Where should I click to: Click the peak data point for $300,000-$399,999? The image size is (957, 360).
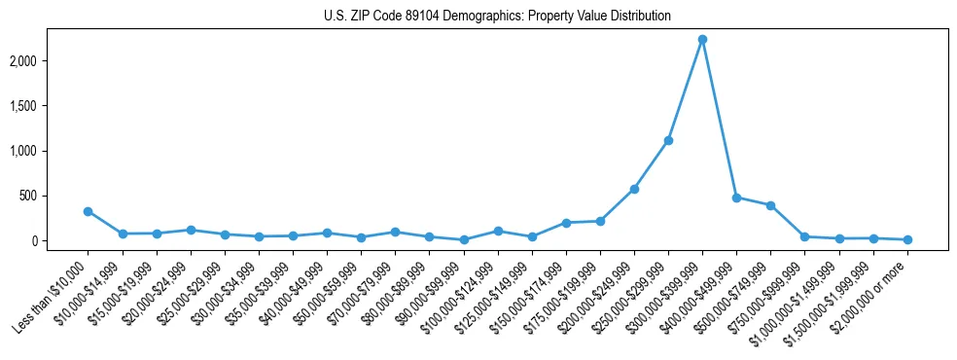tap(702, 40)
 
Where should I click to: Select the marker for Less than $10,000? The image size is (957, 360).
tap(89, 211)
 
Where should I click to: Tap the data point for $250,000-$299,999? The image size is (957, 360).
tap(668, 140)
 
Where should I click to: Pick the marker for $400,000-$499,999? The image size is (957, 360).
tap(736, 198)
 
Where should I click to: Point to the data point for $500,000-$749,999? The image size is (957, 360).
tap(770, 205)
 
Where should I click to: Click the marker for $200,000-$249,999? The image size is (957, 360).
tap(634, 189)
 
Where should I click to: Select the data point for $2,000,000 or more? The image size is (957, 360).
tap(907, 239)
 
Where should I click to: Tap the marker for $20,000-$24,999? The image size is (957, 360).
tap(191, 230)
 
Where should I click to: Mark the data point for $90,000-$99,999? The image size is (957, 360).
tap(464, 239)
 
